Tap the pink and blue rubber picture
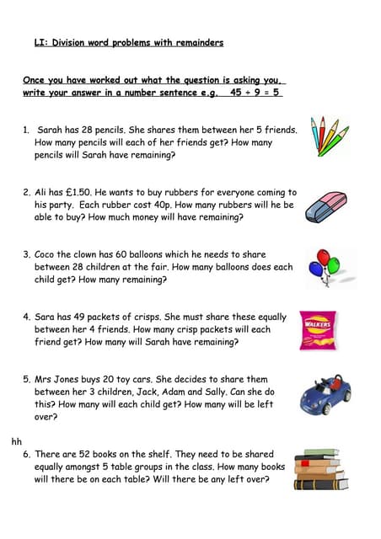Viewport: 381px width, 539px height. [x=326, y=205]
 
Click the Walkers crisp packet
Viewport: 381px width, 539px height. [x=318, y=331]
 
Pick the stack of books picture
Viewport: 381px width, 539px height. [x=321, y=469]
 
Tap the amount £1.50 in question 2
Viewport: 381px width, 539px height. [x=79, y=192]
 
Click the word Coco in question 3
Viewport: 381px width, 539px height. [x=46, y=254]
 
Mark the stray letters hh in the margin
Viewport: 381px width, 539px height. [x=16, y=440]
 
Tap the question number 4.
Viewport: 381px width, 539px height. [x=26, y=318]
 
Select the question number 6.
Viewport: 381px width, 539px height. [x=26, y=454]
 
